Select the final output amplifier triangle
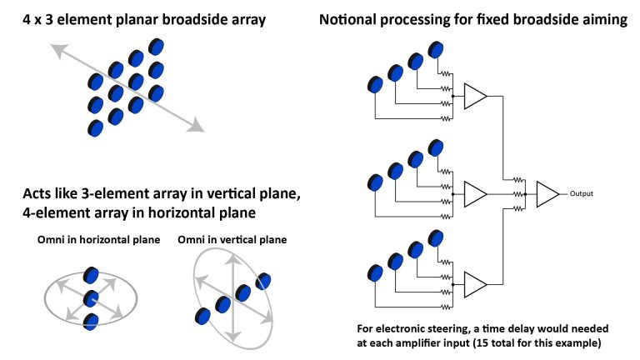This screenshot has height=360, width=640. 547,194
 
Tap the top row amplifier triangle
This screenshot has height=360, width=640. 474,97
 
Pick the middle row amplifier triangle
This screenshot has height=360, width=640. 474,194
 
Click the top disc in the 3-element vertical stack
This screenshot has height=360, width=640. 92,276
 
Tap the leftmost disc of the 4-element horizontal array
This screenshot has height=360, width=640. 202,316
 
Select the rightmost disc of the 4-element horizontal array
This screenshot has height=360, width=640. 264,281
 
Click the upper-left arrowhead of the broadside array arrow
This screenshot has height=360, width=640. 56,51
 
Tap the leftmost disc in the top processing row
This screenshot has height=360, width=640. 375,84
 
